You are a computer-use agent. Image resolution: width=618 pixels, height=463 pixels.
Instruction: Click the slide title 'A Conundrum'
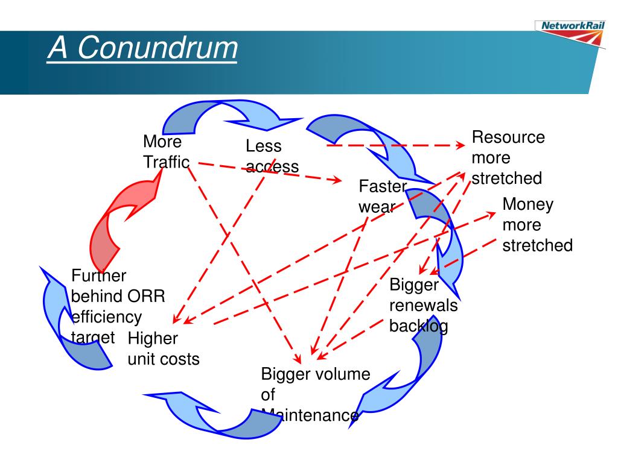point(142,48)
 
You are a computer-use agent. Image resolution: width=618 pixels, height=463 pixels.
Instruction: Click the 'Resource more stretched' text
point(508,158)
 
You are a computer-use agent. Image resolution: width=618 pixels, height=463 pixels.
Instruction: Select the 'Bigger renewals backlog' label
point(422,306)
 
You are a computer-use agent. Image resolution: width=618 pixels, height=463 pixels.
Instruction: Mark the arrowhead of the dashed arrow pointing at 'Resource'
point(462,145)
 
